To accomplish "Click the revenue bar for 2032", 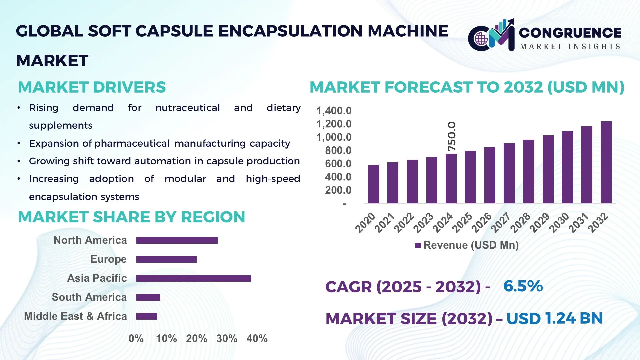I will [606, 162].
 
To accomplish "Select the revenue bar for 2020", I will [373, 184].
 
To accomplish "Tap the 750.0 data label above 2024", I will [452, 137].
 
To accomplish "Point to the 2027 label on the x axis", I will [501, 223].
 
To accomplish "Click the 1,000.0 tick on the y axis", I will [334, 137].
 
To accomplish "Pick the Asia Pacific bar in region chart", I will [193, 278].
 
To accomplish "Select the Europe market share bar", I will [166, 259].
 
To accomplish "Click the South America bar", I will [148, 297].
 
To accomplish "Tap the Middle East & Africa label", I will [75, 316].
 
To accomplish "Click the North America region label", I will [90, 240].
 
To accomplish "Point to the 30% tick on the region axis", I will [227, 339].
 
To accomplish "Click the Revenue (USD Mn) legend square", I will [418, 245].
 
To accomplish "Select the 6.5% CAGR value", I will [523, 286].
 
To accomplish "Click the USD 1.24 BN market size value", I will [554, 318].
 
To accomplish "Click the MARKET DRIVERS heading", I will [92, 87].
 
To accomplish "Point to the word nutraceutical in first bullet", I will [187, 108].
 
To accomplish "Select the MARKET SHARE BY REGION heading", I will [131, 217].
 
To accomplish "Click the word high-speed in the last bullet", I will [273, 179].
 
